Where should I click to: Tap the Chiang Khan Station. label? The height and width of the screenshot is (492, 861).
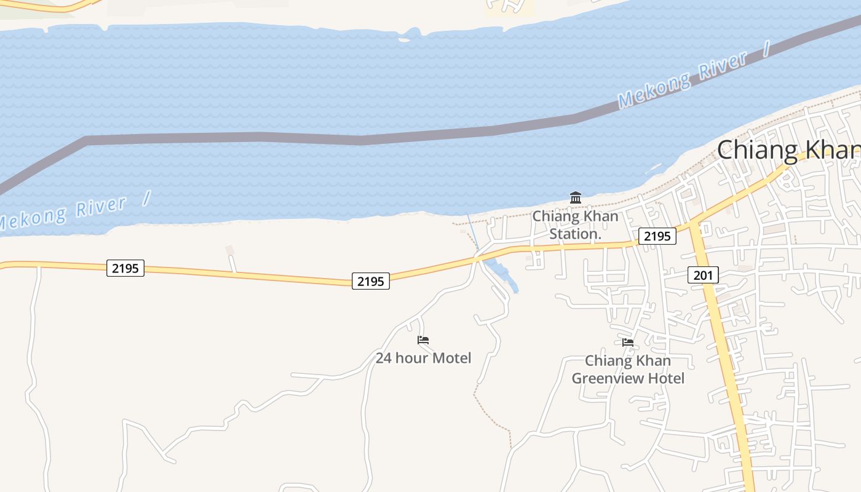click(575, 225)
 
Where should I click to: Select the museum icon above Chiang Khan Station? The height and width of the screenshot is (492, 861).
click(576, 197)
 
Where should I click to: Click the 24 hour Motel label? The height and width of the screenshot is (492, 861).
click(423, 358)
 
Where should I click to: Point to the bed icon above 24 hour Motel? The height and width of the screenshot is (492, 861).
click(423, 340)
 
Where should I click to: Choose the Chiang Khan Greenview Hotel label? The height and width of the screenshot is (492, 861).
click(628, 369)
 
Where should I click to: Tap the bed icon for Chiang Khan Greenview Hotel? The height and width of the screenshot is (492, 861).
click(628, 343)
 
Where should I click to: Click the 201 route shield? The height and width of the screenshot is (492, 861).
click(703, 276)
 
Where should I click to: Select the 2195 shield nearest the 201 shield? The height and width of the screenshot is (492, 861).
click(657, 236)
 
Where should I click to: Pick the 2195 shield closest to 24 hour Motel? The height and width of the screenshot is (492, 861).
click(371, 282)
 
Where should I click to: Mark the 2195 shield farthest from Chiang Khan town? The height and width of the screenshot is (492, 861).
click(125, 268)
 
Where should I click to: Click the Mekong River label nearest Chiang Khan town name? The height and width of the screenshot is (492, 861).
click(683, 80)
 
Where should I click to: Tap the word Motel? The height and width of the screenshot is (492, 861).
click(451, 358)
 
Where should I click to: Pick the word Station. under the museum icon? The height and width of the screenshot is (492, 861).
click(575, 234)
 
